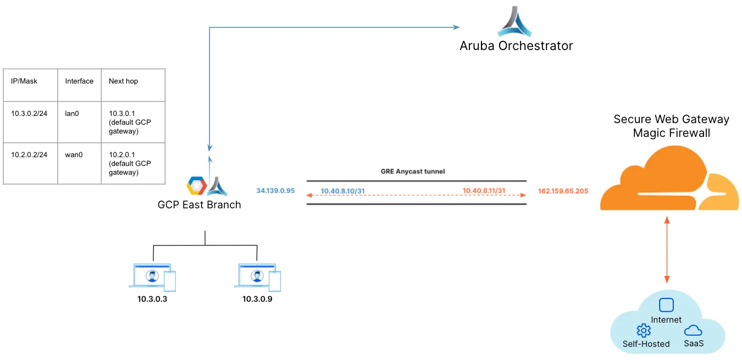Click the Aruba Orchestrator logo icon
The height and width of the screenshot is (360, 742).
[515, 21]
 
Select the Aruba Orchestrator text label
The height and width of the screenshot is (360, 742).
[516, 46]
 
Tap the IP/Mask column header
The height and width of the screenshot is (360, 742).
[24, 81]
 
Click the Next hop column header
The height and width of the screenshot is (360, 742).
[123, 81]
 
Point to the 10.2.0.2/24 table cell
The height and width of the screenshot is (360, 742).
[29, 154]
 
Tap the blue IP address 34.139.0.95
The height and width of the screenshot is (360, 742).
[276, 191]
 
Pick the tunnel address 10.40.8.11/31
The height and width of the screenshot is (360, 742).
[484, 191]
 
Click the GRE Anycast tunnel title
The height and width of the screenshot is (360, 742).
[413, 171]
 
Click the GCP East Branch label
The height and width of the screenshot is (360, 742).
[199, 205]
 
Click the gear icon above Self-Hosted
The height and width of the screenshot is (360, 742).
[643, 330]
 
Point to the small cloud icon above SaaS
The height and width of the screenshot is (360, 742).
[693, 330]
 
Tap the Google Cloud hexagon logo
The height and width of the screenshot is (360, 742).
[196, 186]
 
